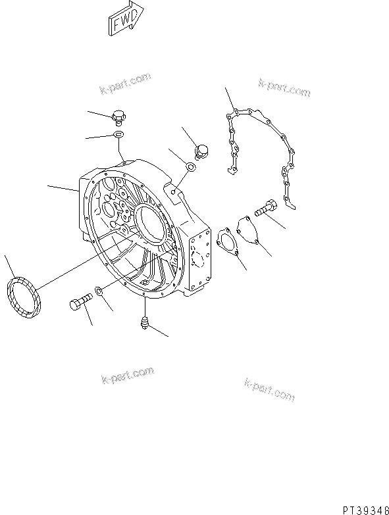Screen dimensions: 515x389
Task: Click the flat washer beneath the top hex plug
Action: [x=119, y=136]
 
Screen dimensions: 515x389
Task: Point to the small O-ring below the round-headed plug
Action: [x=190, y=167]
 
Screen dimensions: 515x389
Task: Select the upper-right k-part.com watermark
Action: [x=284, y=89]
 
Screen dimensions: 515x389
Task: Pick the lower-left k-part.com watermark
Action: [x=128, y=376]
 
